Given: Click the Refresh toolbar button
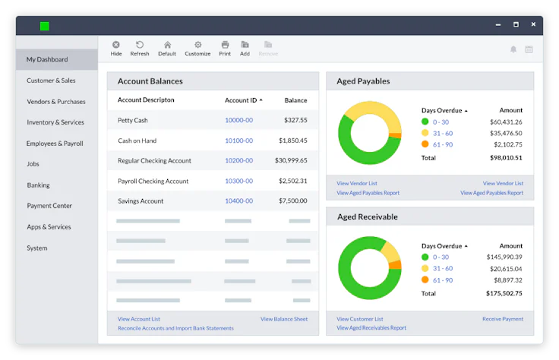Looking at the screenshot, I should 139,49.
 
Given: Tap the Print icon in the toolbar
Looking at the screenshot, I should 225,49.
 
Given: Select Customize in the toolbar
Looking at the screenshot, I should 197,49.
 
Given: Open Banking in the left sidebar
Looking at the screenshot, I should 38,185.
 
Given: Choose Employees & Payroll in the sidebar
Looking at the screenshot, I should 55,144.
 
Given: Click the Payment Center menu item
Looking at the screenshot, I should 49,206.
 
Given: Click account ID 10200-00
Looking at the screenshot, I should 238,161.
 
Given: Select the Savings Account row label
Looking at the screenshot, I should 141,201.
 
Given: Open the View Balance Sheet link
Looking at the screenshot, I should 283,319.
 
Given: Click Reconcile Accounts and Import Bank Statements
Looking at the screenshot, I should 175,328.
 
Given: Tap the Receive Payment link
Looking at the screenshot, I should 502,319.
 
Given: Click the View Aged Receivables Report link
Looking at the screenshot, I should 371,328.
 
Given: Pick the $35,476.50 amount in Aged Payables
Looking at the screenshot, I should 506,133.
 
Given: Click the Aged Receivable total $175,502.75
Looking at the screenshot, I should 504,293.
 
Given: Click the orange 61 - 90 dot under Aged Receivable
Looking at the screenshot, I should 425,280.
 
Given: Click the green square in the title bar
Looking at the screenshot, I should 45,26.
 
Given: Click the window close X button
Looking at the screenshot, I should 532,25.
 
